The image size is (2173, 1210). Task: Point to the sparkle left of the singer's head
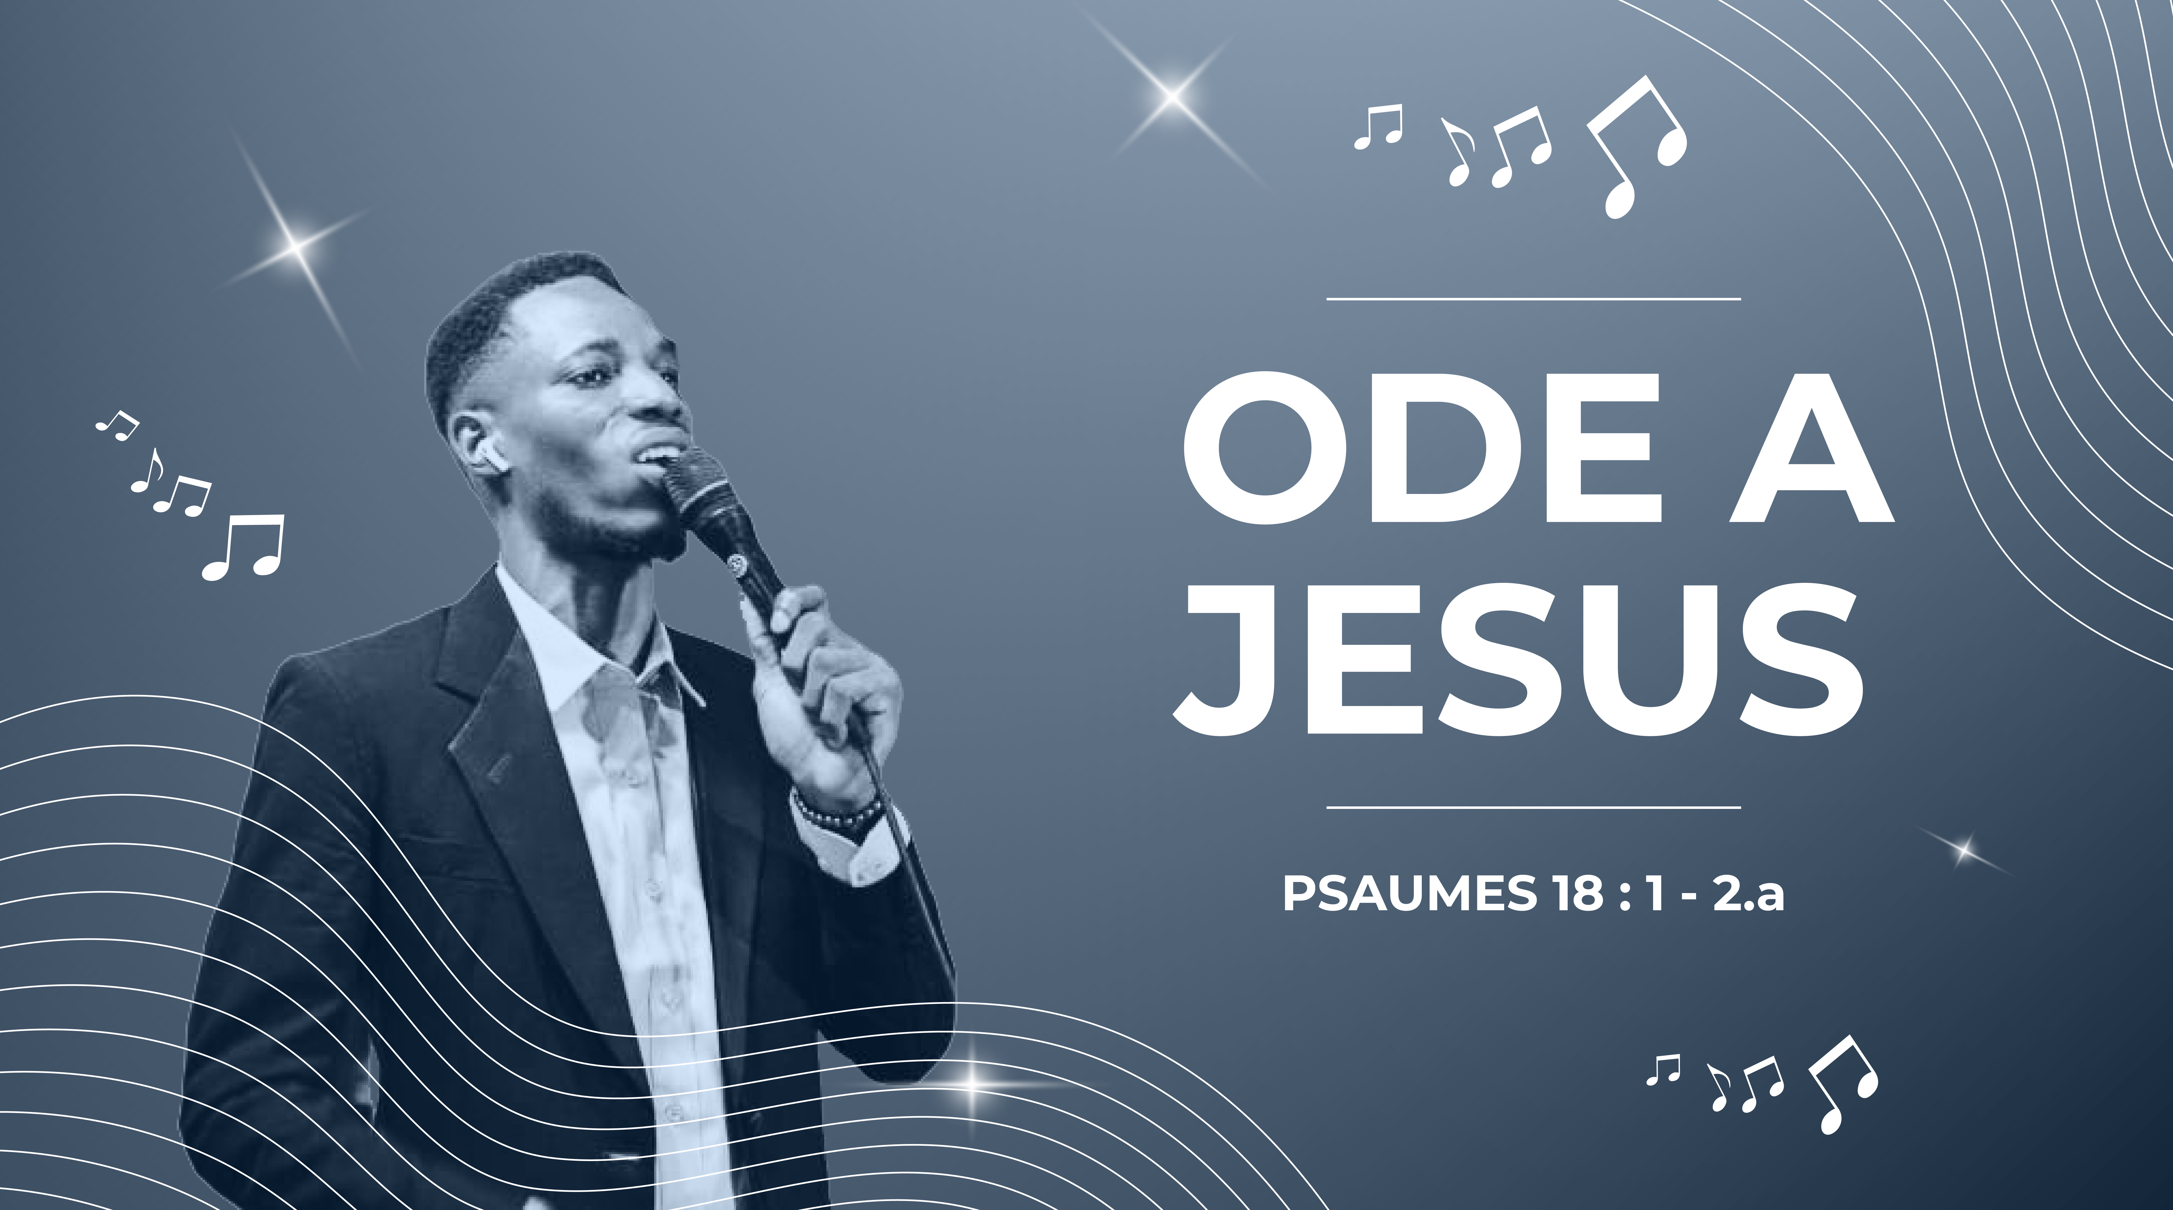tap(295, 245)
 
